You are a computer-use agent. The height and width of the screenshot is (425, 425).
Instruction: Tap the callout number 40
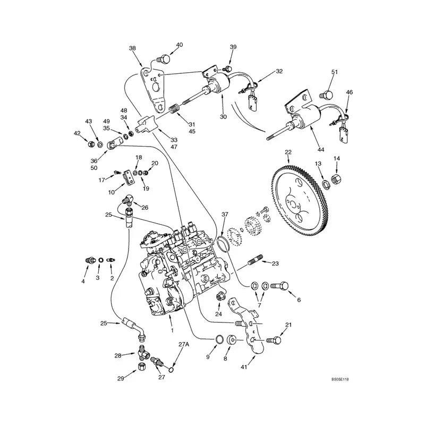point(179,45)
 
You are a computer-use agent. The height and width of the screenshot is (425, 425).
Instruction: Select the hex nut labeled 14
point(336,181)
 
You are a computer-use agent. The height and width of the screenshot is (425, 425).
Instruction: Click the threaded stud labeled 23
point(257,262)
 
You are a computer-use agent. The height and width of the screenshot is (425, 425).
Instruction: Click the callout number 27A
point(183,345)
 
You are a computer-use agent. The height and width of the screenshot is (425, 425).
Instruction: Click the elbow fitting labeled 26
point(130,201)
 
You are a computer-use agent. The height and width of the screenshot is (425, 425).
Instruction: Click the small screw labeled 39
point(228,69)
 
